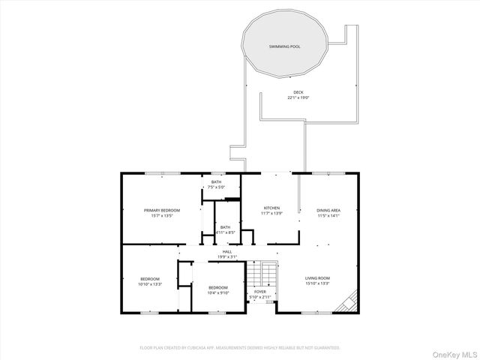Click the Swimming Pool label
pyautogui.click(x=285, y=46)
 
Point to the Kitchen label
pyautogui.click(x=271, y=208)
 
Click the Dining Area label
pyautogui.click(x=328, y=210)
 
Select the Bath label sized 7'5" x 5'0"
pyautogui.click(x=216, y=181)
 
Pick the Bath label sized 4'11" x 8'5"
pyautogui.click(x=225, y=228)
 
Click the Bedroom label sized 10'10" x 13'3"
pyautogui.click(x=150, y=279)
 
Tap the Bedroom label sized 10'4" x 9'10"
pyautogui.click(x=217, y=288)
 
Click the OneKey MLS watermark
pyautogui.click(x=452, y=349)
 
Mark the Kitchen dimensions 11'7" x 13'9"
pyautogui.click(x=271, y=214)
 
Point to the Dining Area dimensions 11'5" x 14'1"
pyautogui.click(x=328, y=216)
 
